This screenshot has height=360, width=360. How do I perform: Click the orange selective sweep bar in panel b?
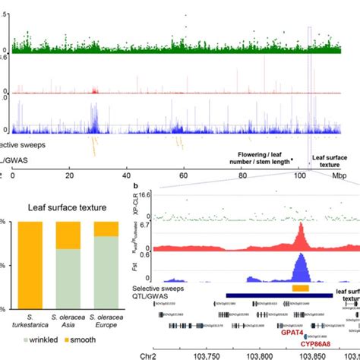pos(301,289)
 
